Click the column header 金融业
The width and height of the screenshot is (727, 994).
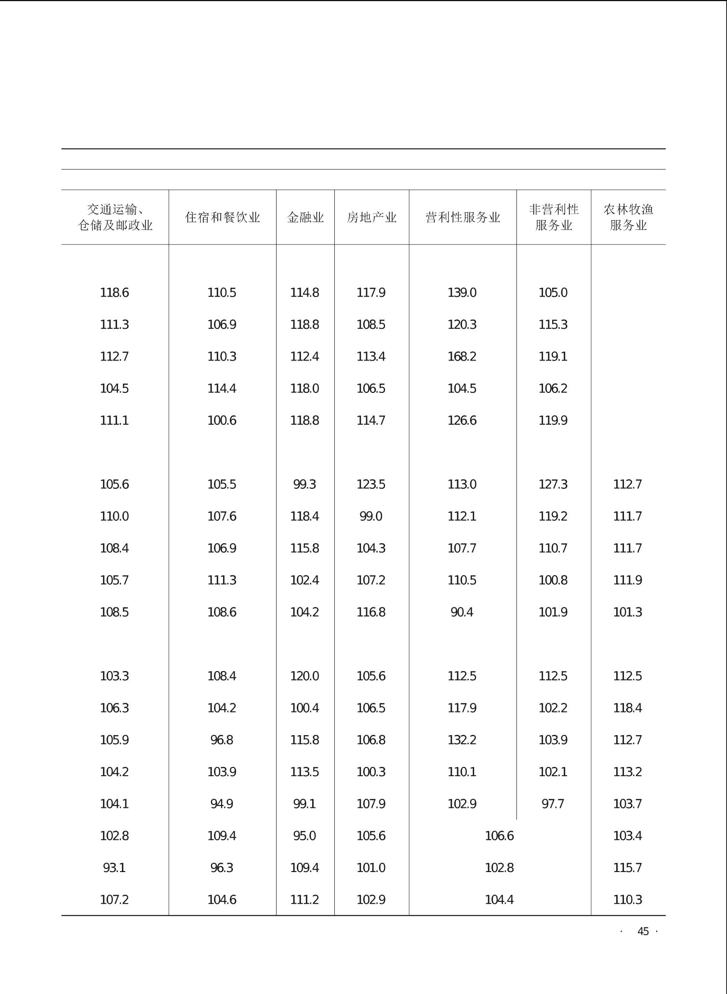coord(305,217)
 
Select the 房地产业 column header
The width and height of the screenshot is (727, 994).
coord(371,217)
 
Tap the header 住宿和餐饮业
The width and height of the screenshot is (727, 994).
coord(222,217)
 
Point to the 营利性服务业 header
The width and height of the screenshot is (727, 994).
coord(463,217)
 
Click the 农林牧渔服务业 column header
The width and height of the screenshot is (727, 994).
coord(628,217)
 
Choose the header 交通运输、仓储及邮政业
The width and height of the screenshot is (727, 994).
coord(115,217)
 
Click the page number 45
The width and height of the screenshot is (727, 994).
coord(643,931)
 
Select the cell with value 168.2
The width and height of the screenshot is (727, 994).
coord(462,357)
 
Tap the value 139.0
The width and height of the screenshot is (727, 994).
coord(462,293)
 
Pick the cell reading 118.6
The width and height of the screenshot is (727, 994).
coord(114,293)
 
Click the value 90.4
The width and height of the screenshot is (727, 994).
coord(462,612)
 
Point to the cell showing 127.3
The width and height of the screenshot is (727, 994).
coord(553,484)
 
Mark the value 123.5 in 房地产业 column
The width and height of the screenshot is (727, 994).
coord(370,484)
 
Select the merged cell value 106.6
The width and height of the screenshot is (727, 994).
coord(499,836)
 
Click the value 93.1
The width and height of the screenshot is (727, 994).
coord(114,868)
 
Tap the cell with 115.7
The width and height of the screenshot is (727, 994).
coord(627,868)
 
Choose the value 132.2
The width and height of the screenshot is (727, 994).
coord(462,740)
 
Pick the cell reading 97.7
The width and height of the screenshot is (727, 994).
coord(553,804)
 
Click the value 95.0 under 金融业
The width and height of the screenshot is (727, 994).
coord(304,836)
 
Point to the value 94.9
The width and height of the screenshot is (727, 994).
coord(222,804)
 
